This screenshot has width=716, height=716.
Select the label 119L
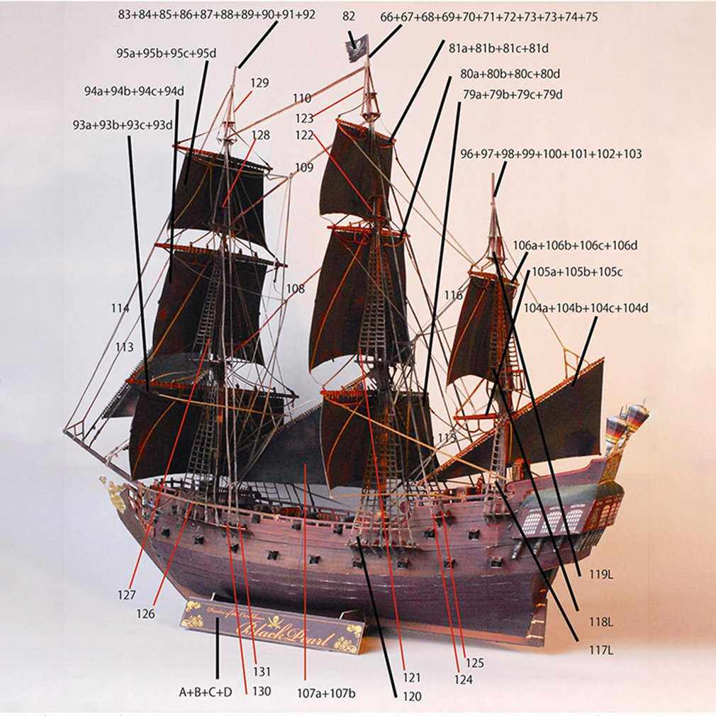(x=601, y=576)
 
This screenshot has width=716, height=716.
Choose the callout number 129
(x=259, y=83)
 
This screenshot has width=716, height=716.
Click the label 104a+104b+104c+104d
(x=586, y=308)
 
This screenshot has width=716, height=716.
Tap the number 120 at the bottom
(x=410, y=697)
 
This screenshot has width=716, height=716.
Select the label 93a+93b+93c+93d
(x=123, y=125)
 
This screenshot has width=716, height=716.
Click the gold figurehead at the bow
(x=113, y=488)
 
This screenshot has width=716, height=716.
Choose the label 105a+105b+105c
(x=577, y=272)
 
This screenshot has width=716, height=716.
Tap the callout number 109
(x=303, y=168)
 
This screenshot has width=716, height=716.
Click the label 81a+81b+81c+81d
(x=499, y=48)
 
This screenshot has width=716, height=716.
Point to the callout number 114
(x=120, y=308)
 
